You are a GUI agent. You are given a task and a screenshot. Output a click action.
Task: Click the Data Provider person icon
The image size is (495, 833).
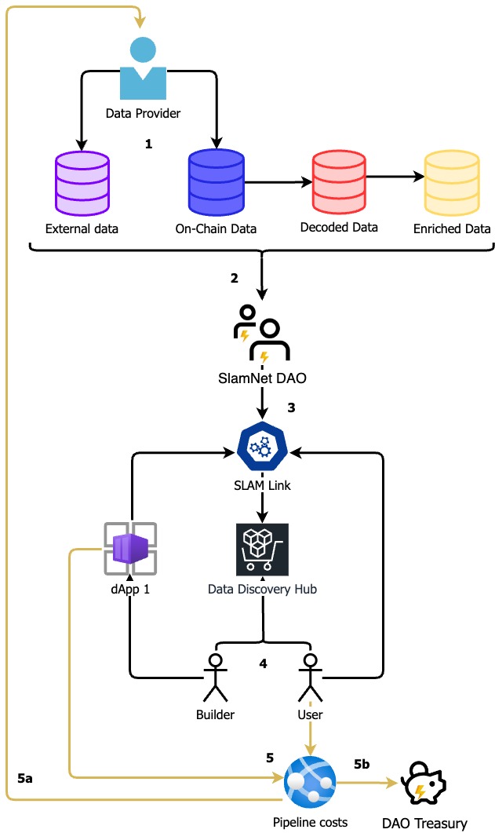143,68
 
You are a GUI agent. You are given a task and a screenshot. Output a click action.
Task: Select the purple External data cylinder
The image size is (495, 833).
82,183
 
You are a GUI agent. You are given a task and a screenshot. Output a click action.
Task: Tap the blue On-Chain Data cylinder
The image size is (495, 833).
217,182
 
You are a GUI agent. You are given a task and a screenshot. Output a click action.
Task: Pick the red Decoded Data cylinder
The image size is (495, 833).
339,181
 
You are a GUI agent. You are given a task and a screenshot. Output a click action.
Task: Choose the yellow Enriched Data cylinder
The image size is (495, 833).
452,183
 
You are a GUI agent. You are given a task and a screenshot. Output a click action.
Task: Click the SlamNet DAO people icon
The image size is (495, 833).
261,333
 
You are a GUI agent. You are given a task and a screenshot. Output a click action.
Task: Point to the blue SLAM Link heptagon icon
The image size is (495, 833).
262,448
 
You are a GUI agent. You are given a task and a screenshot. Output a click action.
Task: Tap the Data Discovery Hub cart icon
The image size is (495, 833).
262,550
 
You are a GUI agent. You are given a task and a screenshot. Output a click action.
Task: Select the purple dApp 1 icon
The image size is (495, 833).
130,549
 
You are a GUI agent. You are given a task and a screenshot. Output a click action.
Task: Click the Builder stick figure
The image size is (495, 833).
216,678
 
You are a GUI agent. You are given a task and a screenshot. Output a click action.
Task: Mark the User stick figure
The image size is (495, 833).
311,678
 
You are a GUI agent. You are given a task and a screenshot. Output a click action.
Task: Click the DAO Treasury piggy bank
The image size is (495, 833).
424,783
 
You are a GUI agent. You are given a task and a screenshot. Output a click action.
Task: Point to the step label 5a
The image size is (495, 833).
25,778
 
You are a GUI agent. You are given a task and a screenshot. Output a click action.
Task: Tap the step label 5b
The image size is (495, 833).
362,764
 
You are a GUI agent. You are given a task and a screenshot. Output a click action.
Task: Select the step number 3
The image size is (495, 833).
291,407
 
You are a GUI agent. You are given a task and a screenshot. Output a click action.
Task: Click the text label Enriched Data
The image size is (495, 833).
452,229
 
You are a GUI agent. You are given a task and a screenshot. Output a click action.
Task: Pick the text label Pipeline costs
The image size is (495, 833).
310,822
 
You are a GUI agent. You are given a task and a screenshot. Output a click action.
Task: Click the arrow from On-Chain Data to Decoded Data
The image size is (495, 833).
278,182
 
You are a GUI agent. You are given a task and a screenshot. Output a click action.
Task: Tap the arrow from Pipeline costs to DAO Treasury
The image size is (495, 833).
368,783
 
